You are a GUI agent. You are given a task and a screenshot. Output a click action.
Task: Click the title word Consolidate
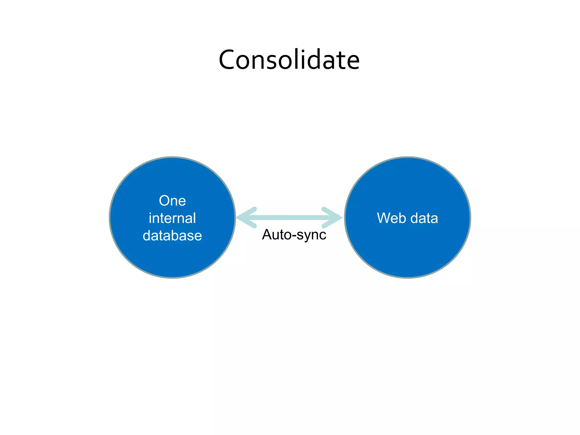pyautogui.click(x=289, y=60)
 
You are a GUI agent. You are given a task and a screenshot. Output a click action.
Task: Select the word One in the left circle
pyautogui.click(x=172, y=201)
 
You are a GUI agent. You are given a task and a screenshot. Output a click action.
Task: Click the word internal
pyautogui.click(x=172, y=218)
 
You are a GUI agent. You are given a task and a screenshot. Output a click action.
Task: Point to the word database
pyautogui.click(x=172, y=236)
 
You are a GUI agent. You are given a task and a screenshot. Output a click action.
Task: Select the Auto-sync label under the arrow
pyautogui.click(x=294, y=235)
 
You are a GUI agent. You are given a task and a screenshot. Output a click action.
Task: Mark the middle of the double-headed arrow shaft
pyautogui.click(x=289, y=217)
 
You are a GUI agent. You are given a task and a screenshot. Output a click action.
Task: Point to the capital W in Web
pyautogui.click(x=383, y=218)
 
